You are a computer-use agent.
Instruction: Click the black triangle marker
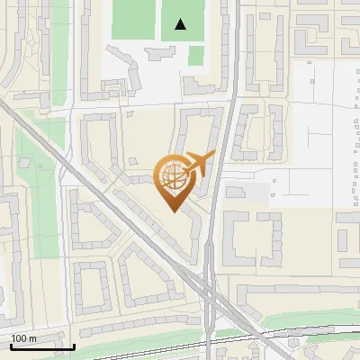181,24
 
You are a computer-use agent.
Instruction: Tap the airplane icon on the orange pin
198,164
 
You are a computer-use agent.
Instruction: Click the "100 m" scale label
23,338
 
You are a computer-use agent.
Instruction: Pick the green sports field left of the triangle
133,20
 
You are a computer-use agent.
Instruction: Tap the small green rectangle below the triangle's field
196,57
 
